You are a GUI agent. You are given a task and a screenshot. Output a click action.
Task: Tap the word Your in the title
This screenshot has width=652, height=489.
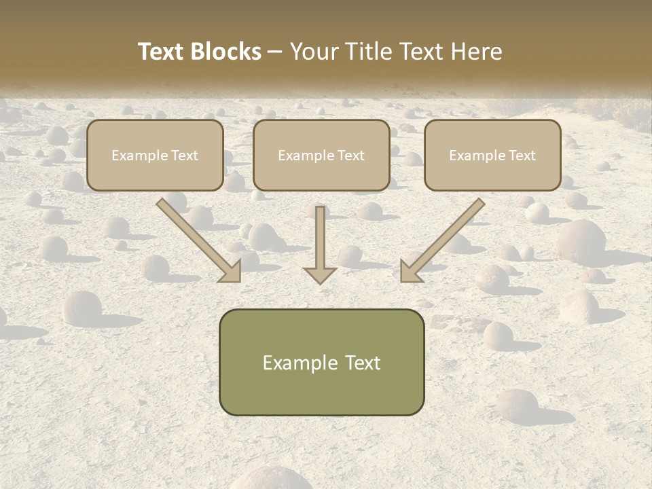pyautogui.click(x=313, y=52)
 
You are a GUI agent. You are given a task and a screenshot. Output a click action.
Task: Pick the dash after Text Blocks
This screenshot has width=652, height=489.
pyautogui.click(x=275, y=52)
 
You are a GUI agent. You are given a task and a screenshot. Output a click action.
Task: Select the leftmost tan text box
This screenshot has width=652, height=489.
pyautogui.click(x=155, y=155)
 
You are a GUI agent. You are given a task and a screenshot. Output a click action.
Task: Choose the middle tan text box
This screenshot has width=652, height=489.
pyautogui.click(x=321, y=155)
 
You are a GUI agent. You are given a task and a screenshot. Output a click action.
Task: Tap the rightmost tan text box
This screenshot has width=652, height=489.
pyautogui.click(x=492, y=155)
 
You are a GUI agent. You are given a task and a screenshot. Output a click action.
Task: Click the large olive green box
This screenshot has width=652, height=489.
pyautogui.click(x=321, y=362)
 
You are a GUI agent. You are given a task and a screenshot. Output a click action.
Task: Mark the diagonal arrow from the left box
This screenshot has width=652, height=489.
pyautogui.click(x=197, y=239)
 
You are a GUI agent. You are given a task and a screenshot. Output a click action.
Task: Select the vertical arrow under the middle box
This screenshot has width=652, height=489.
pyautogui.click(x=320, y=241)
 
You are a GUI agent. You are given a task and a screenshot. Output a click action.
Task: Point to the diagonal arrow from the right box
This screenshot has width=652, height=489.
pyautogui.click(x=444, y=239)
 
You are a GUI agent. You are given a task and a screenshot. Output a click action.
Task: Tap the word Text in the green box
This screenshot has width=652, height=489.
pyautogui.click(x=362, y=363)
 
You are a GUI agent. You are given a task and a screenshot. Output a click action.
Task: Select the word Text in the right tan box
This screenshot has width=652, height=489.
pyautogui.click(x=522, y=156)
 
